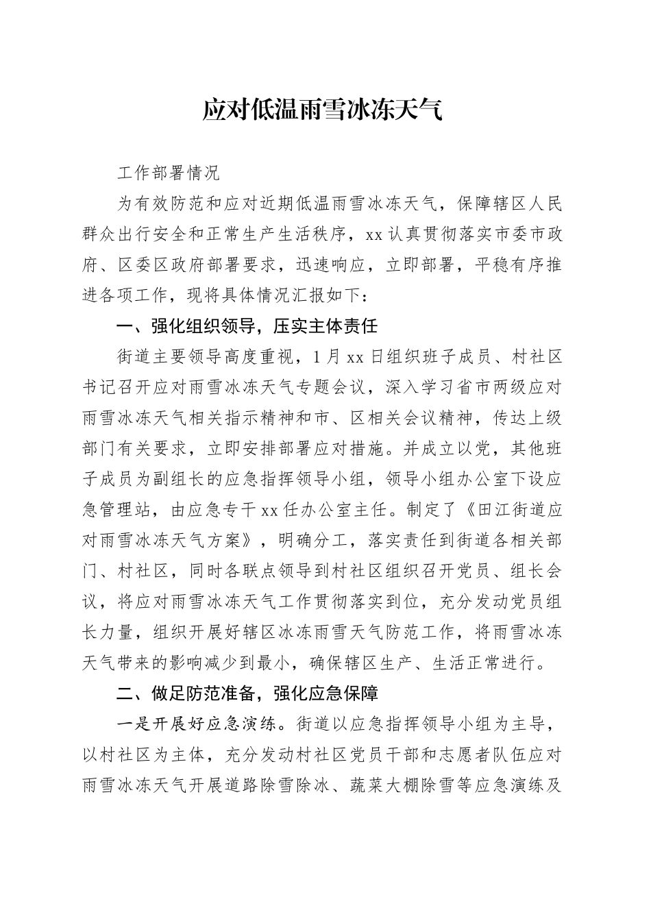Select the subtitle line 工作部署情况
pyautogui.click(x=169, y=173)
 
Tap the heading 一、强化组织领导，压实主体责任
pyautogui.click(x=247, y=326)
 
